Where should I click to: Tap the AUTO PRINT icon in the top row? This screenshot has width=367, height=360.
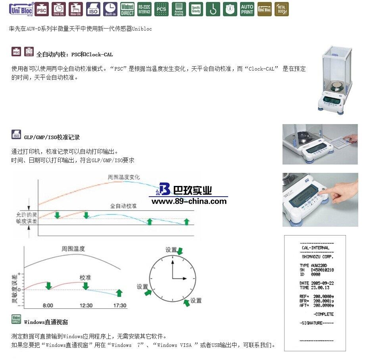(x=247, y=9)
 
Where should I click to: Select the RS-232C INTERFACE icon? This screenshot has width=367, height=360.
(x=144, y=9)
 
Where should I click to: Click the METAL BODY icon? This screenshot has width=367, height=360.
(x=282, y=9)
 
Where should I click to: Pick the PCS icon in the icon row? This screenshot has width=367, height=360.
(x=161, y=9)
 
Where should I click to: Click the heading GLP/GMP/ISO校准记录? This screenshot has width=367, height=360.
(x=52, y=138)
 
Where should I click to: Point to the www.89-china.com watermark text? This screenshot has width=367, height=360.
(x=189, y=201)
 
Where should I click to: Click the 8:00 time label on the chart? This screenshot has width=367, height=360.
(x=48, y=305)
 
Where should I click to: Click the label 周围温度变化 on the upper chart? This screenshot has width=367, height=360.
(x=124, y=177)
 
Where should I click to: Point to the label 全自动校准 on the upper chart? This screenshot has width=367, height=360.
(x=123, y=206)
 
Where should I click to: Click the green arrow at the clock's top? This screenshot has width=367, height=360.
(x=180, y=251)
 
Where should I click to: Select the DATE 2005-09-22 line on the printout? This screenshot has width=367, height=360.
(x=317, y=283)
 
